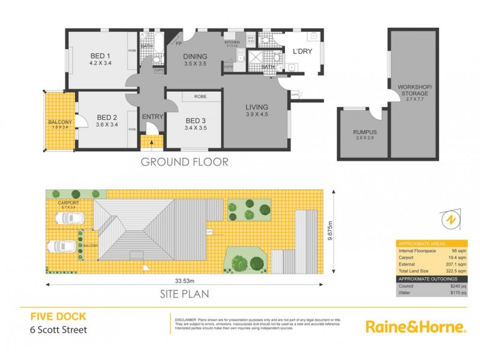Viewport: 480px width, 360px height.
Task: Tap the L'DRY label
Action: [x=302, y=52]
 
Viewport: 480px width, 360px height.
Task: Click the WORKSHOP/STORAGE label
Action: [x=413, y=91]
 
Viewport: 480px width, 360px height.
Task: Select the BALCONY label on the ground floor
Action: [x=59, y=123]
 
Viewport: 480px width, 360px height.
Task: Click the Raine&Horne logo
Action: [x=416, y=326]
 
